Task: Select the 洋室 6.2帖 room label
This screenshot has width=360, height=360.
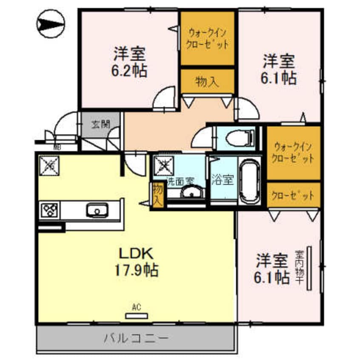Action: coord(130,62)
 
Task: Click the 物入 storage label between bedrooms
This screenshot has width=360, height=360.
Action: coord(207,81)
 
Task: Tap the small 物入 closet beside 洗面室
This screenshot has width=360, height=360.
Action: coord(157,194)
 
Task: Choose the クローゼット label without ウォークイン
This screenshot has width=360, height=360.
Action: coord(294,195)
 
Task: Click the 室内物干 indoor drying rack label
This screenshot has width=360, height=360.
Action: coord(300,267)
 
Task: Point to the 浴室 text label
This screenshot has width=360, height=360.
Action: coord(222,180)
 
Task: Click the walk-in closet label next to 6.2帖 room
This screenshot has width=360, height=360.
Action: coord(208,38)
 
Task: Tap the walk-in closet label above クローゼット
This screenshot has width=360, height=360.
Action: coord(294,153)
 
